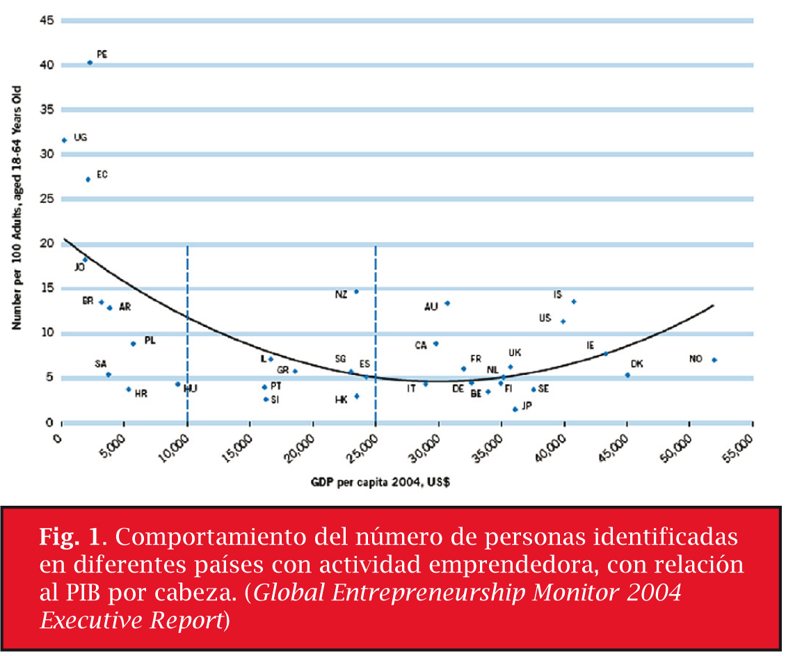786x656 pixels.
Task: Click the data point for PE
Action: point(90,63)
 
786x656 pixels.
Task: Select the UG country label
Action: point(80,138)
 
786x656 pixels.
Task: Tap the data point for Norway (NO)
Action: point(714,360)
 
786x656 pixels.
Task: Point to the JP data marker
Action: point(515,409)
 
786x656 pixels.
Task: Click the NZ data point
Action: point(356,291)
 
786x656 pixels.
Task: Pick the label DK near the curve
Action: point(636,364)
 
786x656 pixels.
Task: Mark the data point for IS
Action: point(574,301)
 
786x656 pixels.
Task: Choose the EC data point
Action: point(88,179)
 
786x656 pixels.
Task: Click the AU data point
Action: point(447,303)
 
